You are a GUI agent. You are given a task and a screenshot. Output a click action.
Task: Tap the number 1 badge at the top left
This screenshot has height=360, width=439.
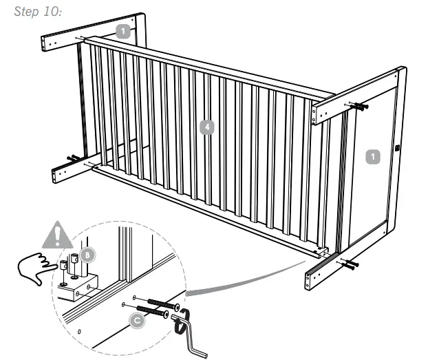pos(122,31)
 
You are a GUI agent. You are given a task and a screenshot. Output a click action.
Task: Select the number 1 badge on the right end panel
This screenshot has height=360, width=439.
pos(372,157)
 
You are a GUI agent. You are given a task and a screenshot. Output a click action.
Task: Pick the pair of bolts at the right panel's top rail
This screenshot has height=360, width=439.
pos(359,107)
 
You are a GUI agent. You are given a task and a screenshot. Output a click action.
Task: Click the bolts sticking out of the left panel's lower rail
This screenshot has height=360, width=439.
pos(72,160)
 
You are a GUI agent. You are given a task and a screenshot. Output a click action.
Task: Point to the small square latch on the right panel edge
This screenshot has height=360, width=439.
pos(398,147)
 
